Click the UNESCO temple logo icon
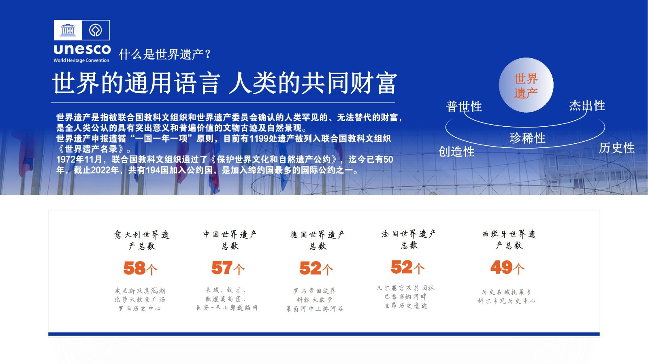coord(68,30)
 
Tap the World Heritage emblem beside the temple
coord(96,30)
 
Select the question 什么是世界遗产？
coord(165,54)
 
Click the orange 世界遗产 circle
coord(526,85)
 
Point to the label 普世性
coord(464,106)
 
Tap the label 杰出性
coord(587,106)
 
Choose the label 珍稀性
coord(527,138)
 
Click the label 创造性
coord(456,151)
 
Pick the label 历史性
coord(617,148)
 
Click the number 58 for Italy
coord(134,268)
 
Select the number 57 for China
coord(222,268)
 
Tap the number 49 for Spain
coord(501,267)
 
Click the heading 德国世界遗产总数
coord(318,240)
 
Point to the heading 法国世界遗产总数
coord(409,239)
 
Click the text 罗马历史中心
coord(140,309)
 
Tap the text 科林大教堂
coord(315,300)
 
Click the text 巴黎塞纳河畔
coord(405,297)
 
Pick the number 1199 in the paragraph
coord(259,138)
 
